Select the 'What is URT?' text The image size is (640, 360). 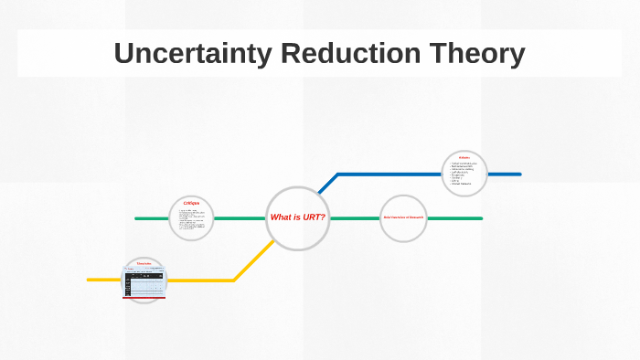297,217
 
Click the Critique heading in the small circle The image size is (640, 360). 191,203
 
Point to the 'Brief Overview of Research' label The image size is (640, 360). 403,217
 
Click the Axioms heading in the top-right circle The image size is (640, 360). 464,158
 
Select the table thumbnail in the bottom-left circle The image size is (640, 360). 144,283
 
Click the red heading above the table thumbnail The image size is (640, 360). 144,264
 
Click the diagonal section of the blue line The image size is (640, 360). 327,183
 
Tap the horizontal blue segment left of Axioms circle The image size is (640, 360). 389,174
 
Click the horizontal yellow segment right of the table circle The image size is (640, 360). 201,280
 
